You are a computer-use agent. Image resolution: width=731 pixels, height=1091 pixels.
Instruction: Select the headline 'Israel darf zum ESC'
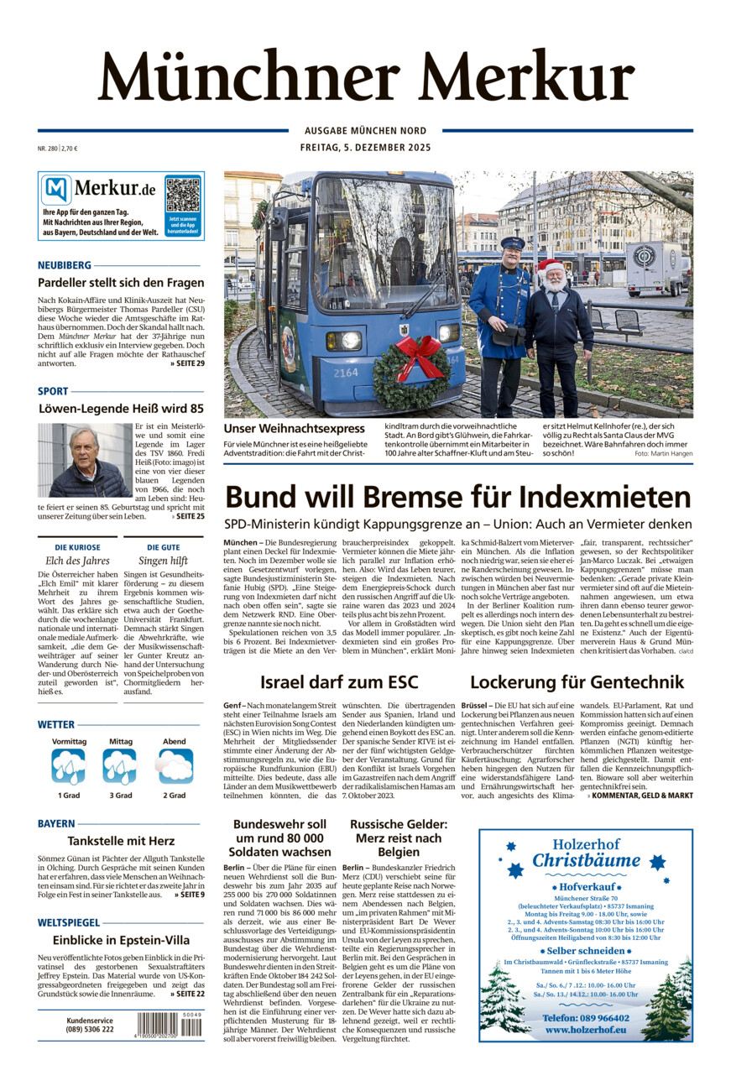tap(339, 681)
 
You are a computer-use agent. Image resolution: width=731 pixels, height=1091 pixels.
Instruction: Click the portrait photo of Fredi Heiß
tap(84, 460)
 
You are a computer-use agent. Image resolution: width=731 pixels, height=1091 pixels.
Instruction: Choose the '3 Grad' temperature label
tap(120, 795)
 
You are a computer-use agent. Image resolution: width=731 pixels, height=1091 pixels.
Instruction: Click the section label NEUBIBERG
tap(65, 265)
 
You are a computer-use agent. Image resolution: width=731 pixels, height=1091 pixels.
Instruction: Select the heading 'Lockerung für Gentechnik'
tap(577, 681)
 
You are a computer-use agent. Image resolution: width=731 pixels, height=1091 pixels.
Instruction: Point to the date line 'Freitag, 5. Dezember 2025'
tap(365, 148)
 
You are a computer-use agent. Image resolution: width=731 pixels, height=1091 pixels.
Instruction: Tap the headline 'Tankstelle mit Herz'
tap(120, 841)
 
